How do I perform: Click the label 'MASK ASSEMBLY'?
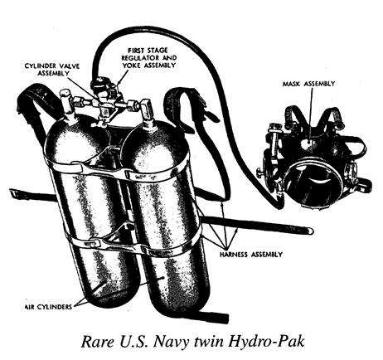[308, 84]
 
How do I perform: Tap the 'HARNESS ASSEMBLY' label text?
[251, 255]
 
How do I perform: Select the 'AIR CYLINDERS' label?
[48, 307]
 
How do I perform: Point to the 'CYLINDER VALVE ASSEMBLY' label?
[52, 70]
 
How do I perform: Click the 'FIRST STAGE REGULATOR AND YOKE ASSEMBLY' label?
[149, 58]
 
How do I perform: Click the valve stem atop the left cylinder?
[66, 104]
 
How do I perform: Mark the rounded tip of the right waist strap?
[310, 230]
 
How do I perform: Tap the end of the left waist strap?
[12, 192]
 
